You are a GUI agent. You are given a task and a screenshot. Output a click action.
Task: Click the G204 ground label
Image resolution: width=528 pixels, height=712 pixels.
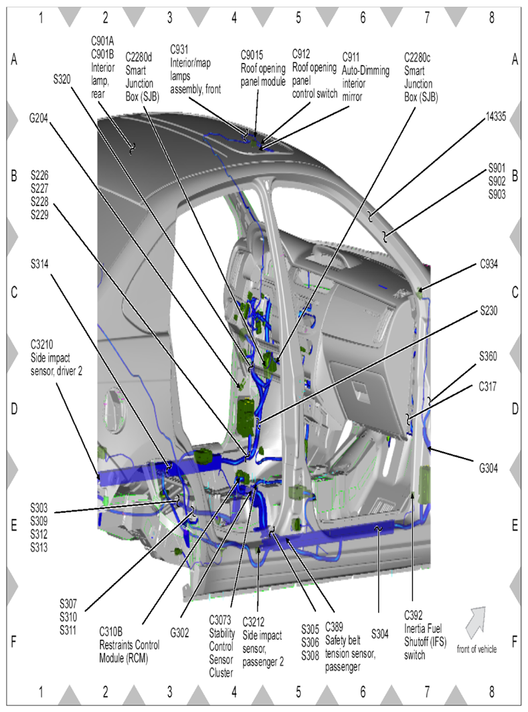coord(38,118)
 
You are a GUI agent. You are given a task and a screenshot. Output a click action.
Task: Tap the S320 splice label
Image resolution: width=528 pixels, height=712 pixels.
coord(62,80)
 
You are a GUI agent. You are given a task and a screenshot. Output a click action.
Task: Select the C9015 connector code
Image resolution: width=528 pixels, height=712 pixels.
coord(252,55)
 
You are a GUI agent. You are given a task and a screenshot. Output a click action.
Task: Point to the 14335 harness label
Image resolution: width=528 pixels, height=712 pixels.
coord(496,117)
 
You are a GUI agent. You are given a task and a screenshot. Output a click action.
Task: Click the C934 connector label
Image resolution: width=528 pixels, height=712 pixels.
coord(489,264)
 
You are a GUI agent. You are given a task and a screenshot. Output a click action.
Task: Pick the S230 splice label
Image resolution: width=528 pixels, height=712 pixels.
coord(489,311)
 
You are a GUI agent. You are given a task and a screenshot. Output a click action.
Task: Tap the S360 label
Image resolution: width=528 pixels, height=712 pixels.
coord(488,356)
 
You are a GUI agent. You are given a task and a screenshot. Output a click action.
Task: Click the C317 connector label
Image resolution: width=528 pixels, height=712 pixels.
coord(488,386)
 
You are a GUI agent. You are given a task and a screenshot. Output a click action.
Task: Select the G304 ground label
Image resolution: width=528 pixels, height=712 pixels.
coord(489,468)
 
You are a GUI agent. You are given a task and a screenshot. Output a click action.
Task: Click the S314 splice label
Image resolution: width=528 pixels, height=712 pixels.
coord(39,264)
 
